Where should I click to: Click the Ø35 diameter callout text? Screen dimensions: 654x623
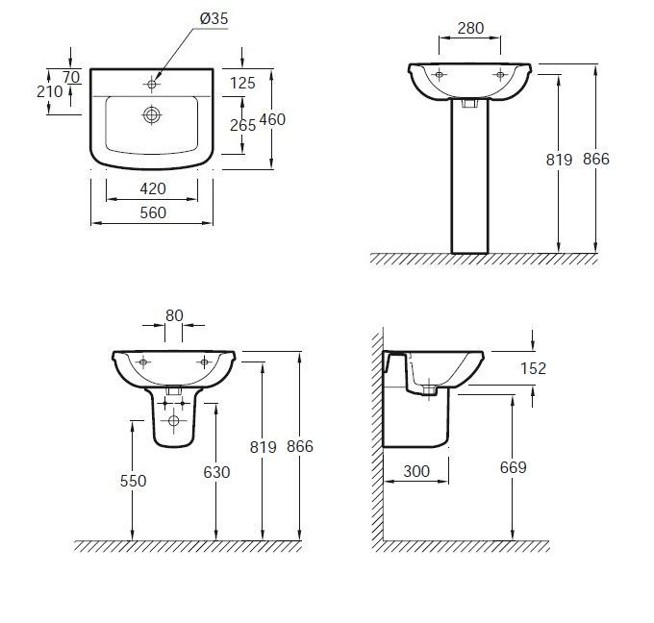(214, 19)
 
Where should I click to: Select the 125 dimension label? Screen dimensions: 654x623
(242, 83)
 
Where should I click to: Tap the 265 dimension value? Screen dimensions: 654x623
(242, 125)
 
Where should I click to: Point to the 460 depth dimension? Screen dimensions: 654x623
(272, 119)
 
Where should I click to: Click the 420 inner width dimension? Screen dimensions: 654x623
(153, 188)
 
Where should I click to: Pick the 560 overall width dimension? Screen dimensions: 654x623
(153, 213)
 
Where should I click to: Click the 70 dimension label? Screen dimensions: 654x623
(71, 77)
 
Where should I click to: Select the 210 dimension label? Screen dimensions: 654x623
(49, 91)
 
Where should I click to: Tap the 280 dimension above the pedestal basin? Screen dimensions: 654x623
(470, 28)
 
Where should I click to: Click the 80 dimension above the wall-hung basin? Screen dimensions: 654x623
(174, 315)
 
